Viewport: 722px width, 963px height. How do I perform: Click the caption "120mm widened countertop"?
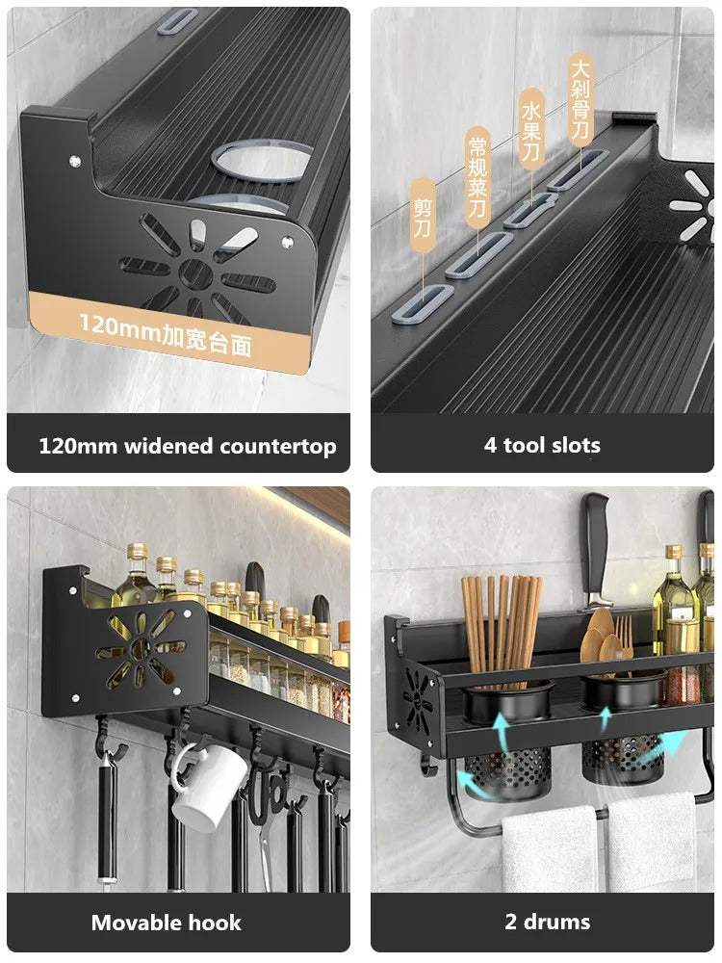pos(187,446)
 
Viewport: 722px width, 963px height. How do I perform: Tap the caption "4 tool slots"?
pos(542,445)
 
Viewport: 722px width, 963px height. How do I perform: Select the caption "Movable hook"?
pos(166,923)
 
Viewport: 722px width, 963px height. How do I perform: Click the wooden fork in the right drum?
pos(625,643)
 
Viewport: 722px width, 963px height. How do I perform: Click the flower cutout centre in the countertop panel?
pos(197,269)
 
